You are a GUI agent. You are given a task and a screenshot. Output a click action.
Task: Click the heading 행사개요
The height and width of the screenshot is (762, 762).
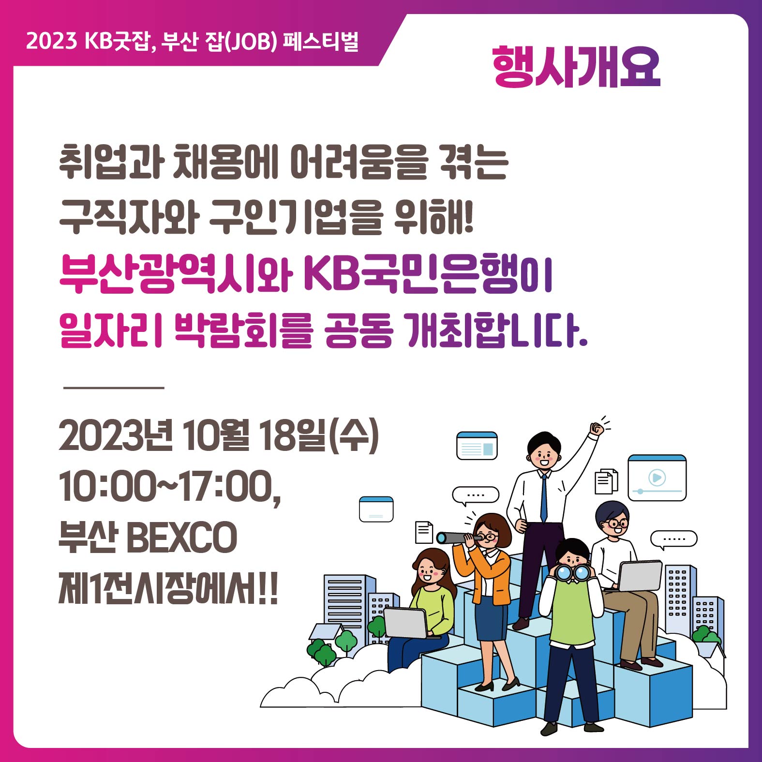tap(576, 67)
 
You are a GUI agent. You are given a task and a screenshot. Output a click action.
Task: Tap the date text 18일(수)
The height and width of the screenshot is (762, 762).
tap(319, 436)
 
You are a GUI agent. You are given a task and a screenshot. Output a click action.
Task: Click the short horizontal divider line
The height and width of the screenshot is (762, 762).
tap(114, 388)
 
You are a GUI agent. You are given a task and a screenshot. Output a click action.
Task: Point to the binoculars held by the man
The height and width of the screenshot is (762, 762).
tap(572, 572)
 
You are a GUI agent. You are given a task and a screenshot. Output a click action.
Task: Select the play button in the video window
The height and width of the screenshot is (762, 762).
tap(657, 478)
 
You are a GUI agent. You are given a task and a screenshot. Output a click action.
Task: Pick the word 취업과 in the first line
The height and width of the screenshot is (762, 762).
tap(111, 162)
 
